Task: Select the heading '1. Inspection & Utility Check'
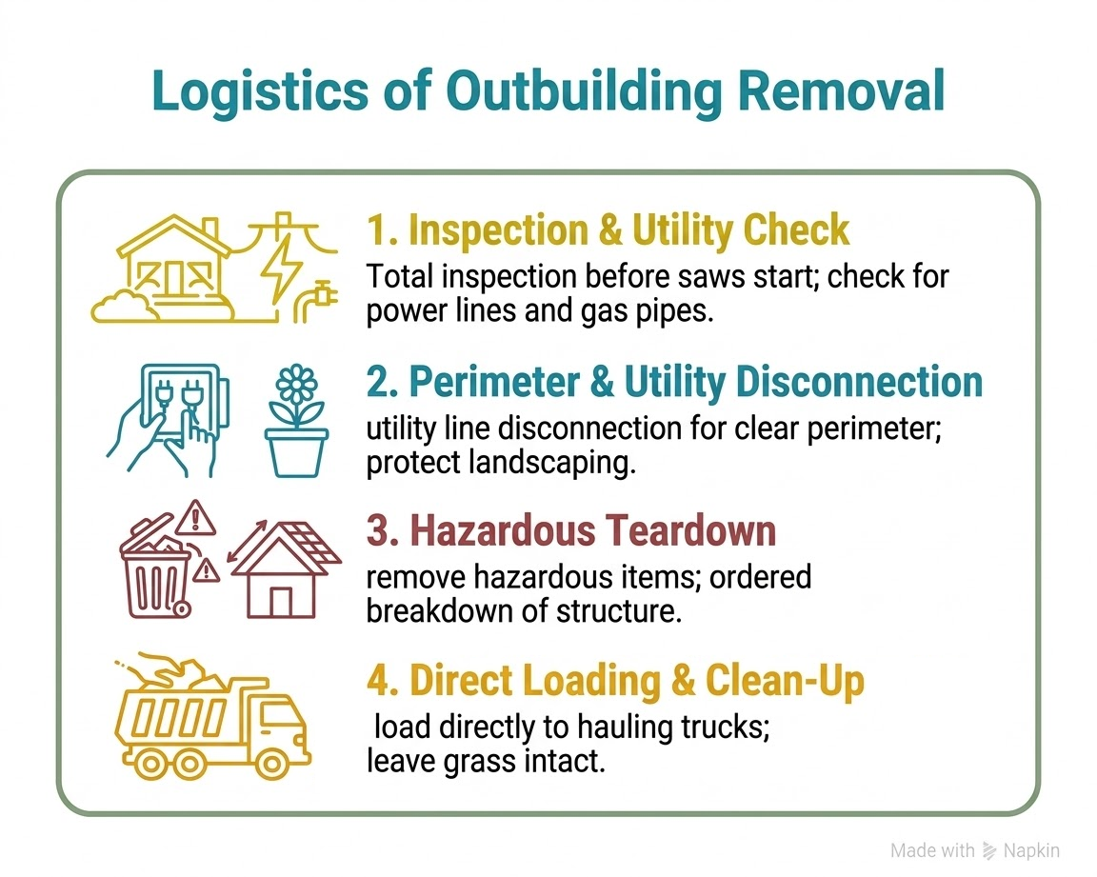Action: tap(608, 230)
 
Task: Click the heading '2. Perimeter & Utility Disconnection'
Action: tap(674, 383)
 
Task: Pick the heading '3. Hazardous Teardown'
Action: tap(571, 530)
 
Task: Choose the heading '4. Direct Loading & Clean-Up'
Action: tap(615, 681)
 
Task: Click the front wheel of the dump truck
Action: tap(270, 763)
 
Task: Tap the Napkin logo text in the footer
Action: tap(1033, 850)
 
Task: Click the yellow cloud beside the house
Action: tap(119, 303)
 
